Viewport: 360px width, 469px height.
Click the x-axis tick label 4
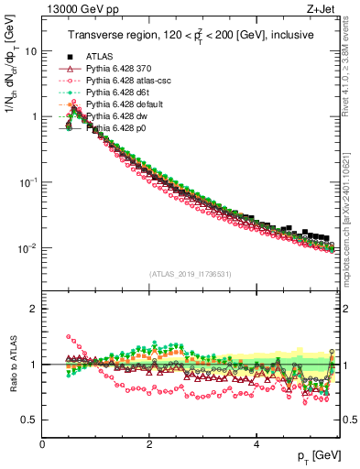click(256, 444)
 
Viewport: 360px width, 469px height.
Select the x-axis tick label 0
click(42, 444)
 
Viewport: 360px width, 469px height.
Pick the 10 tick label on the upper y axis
click(30, 51)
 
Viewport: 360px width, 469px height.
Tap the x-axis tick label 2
click(149, 444)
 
